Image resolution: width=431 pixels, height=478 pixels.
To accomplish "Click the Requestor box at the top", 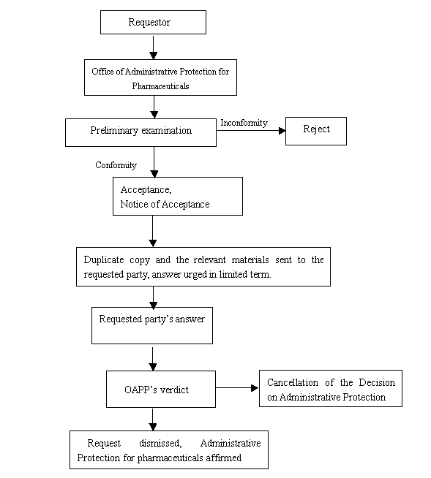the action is [153, 22].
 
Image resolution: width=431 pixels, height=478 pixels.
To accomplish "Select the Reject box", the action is [316, 131].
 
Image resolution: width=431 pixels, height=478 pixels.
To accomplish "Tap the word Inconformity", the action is [244, 123].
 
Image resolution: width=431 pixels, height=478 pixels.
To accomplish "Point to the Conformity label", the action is [116, 165].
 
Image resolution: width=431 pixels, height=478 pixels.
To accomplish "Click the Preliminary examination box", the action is [140, 132].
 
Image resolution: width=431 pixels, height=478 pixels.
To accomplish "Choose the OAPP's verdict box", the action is [161, 389].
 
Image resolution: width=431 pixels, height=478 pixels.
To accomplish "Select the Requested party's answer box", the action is [152, 325].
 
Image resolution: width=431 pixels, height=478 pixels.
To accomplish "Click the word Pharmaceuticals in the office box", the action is [160, 86].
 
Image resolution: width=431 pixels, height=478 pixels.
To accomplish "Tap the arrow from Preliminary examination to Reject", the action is [251, 131].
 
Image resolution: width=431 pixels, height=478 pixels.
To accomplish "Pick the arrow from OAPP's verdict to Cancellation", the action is [237, 388].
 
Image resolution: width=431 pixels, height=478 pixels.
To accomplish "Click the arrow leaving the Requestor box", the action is [154, 47].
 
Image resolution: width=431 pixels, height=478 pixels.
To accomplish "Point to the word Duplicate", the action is [104, 260].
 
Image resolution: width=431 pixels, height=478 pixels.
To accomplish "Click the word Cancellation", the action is [293, 382].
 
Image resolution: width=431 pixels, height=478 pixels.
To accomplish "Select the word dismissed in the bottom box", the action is [160, 443].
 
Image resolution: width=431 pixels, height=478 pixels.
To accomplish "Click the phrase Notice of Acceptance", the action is [165, 204].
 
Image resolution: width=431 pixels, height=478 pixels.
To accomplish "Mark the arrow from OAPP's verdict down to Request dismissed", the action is [153, 420].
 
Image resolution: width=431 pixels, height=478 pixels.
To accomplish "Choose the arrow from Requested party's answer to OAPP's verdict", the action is [153, 358].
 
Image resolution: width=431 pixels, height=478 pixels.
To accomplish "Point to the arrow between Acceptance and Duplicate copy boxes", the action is [153, 232].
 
